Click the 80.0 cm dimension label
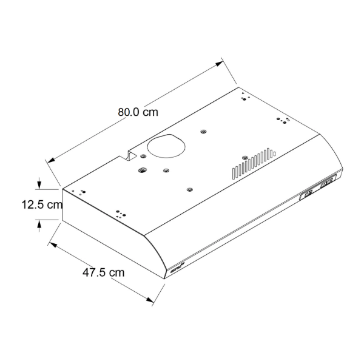(x=138, y=112)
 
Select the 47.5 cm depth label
(x=104, y=272)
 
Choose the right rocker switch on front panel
(x=328, y=181)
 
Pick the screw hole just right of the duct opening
(x=201, y=130)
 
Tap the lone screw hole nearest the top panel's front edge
(x=190, y=190)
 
